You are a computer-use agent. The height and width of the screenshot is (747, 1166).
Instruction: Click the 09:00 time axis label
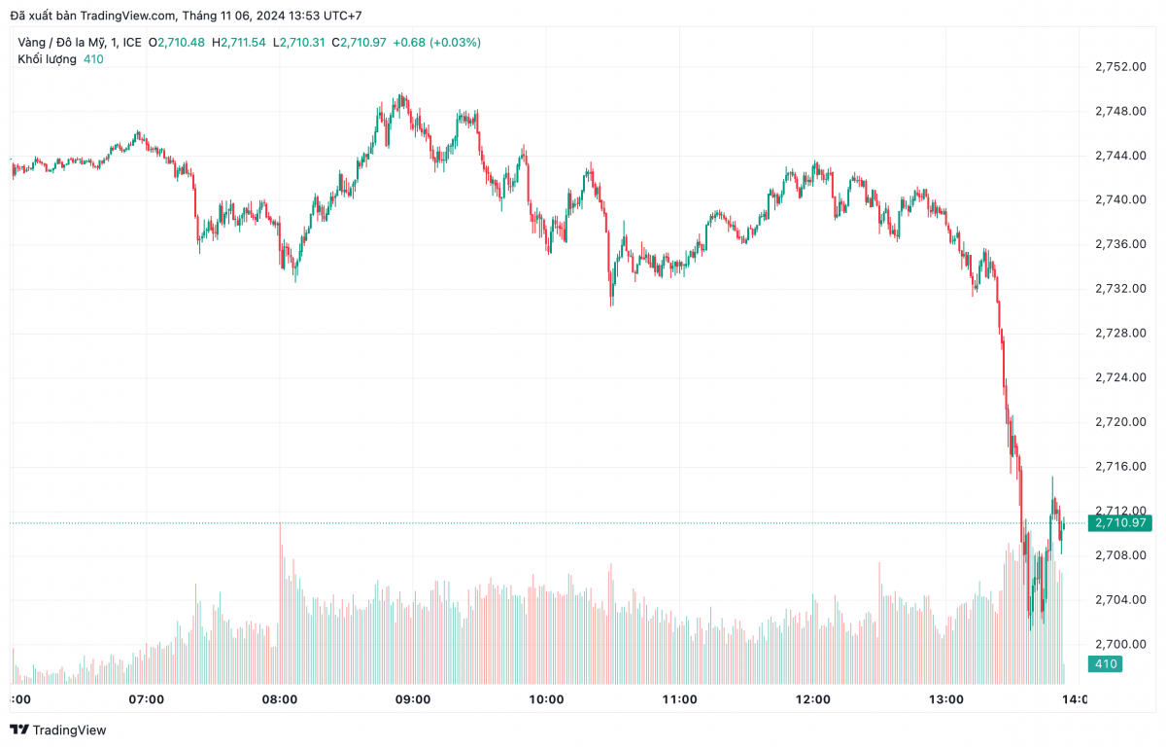[413, 699]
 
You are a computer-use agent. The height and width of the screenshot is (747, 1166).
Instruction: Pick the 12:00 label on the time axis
[812, 699]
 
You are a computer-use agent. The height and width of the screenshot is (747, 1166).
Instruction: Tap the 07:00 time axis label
[147, 699]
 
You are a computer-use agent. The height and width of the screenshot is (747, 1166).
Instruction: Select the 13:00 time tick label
[945, 699]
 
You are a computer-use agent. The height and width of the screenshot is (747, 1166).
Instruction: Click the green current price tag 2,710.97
[1120, 523]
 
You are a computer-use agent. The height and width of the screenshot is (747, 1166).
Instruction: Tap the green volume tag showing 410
[1107, 664]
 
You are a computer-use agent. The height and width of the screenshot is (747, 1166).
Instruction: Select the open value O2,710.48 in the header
[176, 43]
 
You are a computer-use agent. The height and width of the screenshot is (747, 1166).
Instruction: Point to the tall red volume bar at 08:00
[281, 603]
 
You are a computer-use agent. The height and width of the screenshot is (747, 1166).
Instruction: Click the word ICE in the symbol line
[132, 43]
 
